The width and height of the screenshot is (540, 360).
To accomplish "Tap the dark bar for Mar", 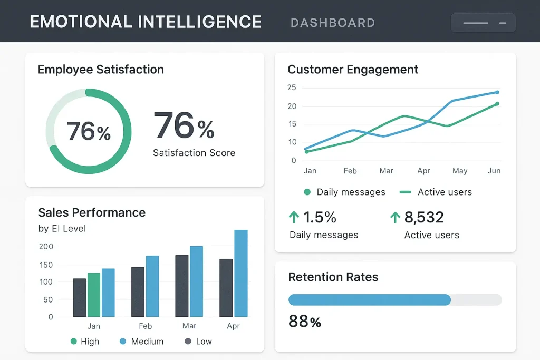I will tap(182, 286).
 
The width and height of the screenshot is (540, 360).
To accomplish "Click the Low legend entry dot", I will tap(188, 342).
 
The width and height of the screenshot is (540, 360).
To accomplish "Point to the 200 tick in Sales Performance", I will tap(46, 246).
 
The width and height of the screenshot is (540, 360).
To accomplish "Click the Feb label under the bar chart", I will tap(146, 326).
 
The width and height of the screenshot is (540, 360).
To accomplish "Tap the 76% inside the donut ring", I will tap(89, 131).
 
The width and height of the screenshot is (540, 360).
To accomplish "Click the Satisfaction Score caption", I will tap(194, 153).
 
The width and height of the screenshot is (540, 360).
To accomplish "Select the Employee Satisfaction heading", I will tap(101, 70).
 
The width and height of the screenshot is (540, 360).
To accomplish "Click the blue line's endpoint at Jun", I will tap(497, 92).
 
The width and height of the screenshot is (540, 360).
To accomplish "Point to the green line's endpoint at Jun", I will tap(497, 104).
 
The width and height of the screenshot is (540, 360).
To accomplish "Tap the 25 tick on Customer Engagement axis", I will tap(292, 87).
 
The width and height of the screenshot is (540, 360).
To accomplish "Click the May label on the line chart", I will tap(460, 171).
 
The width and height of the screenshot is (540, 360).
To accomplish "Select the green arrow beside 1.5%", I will tap(294, 217).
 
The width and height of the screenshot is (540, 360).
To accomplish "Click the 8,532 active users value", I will tap(424, 217).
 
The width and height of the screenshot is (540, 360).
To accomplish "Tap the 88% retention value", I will tap(305, 321).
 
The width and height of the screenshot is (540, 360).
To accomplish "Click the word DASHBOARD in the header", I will tap(333, 23).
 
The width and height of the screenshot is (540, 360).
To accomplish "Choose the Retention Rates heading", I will tap(333, 277).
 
